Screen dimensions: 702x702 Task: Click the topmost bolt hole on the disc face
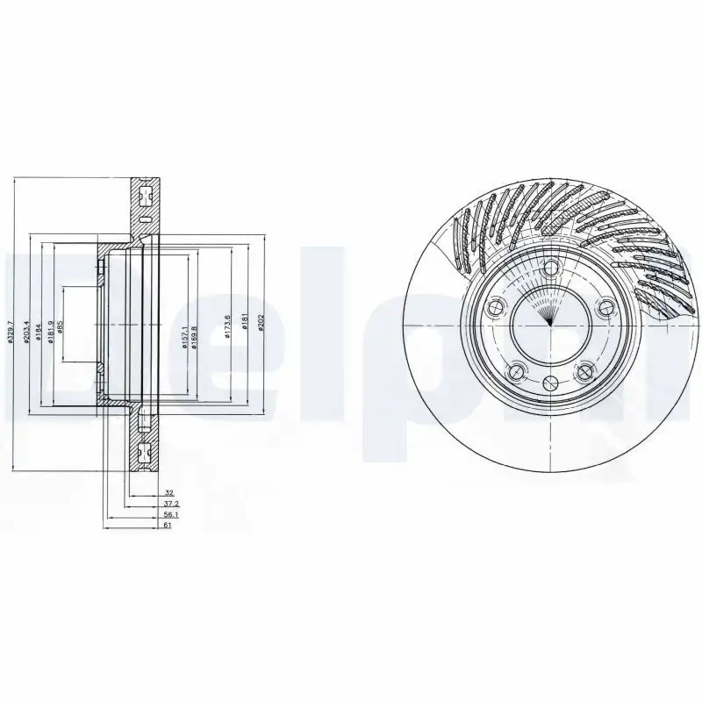550,269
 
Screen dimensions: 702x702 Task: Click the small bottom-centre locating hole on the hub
550,382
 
